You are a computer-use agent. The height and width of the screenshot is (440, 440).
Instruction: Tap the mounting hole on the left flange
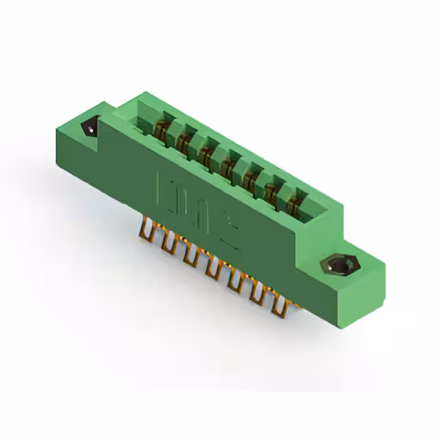point(89,128)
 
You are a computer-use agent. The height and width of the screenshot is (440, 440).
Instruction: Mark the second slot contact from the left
point(184,140)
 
